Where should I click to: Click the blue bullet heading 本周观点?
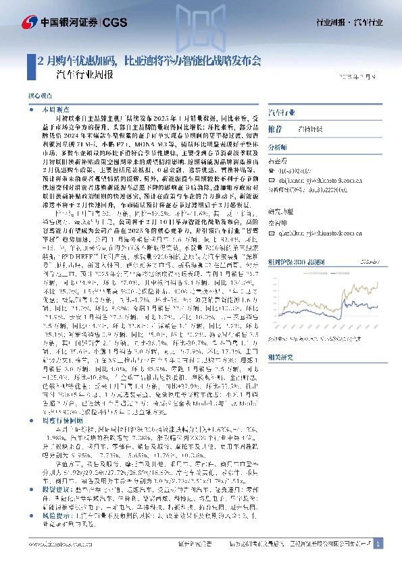(57, 109)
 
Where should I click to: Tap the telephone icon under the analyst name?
(272, 171)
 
